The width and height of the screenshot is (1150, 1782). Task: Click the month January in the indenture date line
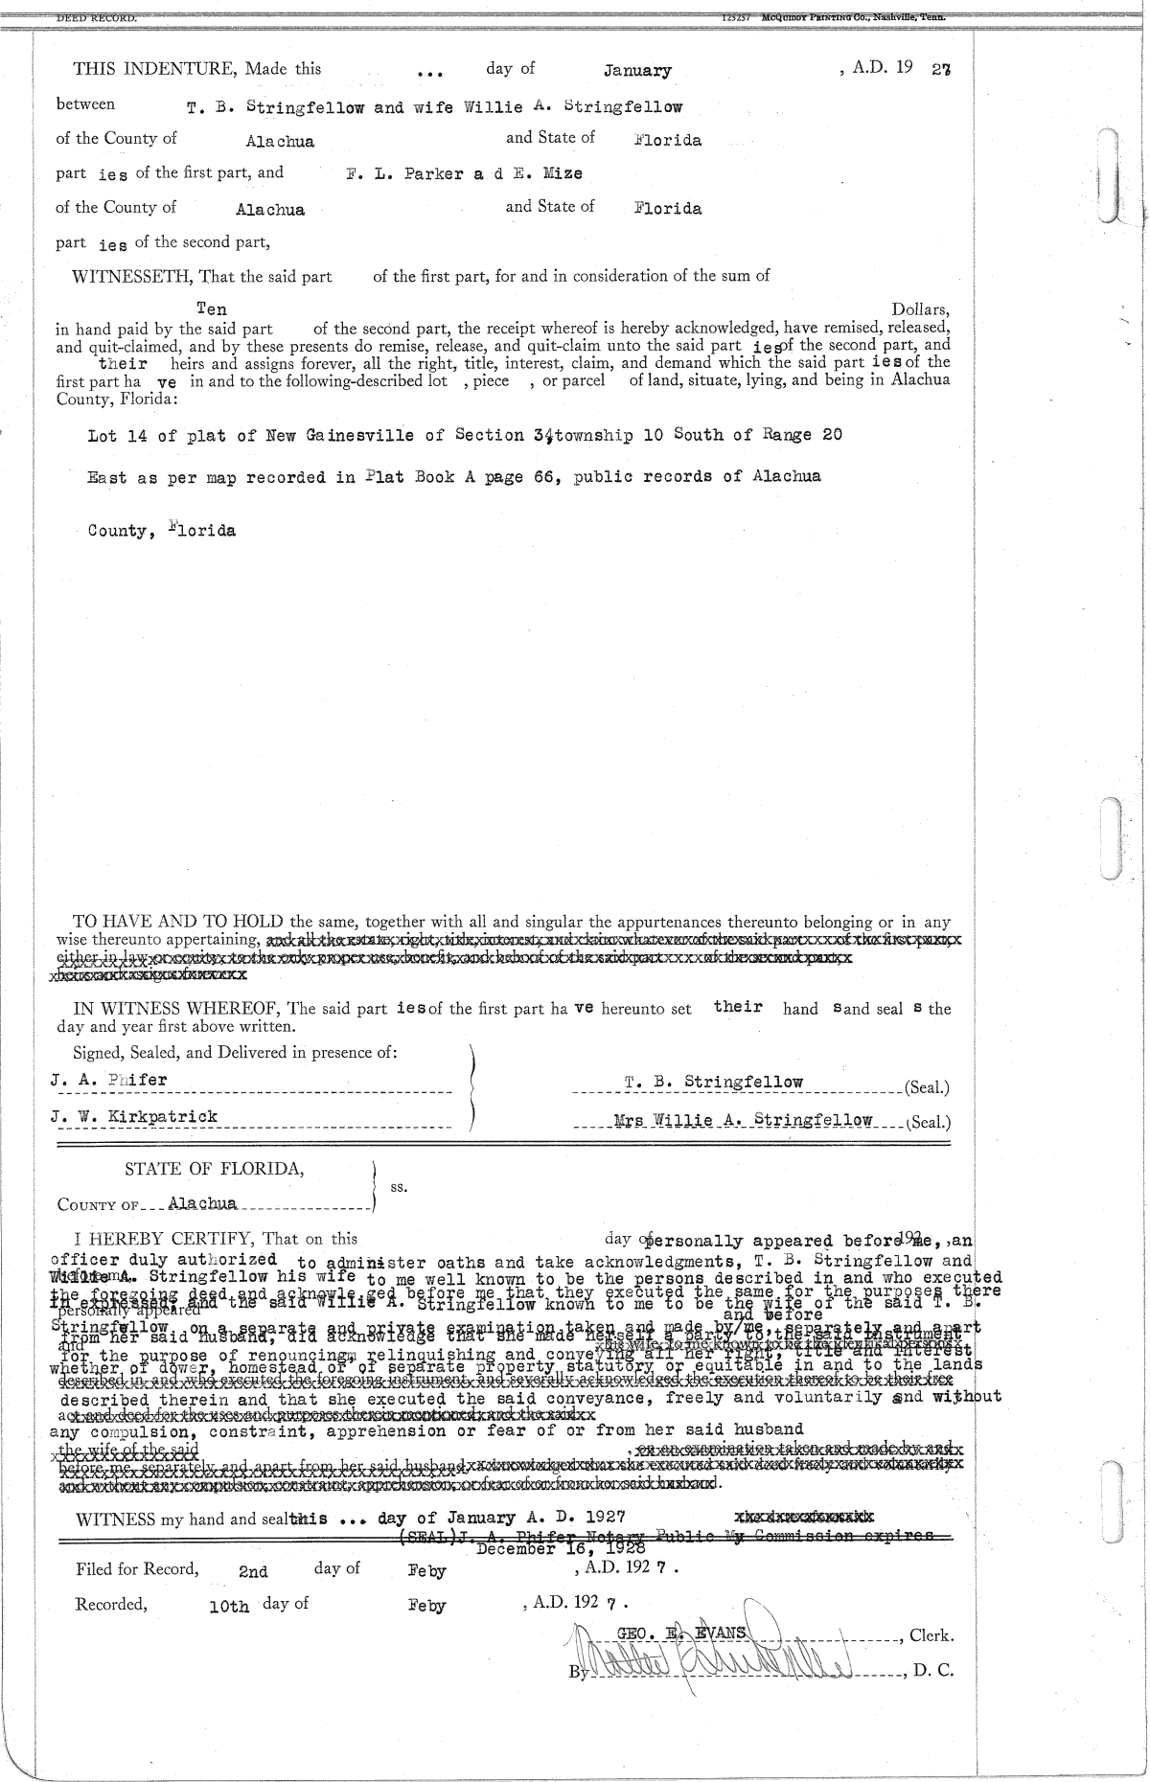pos(637,71)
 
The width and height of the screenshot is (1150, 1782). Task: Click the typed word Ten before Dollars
pos(211,308)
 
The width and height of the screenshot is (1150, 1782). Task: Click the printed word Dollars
pos(920,309)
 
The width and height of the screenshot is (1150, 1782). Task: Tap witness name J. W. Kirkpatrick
pos(134,1116)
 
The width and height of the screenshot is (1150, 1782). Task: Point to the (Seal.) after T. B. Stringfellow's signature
pos(926,1087)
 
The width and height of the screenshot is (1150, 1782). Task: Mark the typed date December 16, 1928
pos(561,1548)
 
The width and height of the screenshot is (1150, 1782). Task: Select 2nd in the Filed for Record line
pos(253,1572)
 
